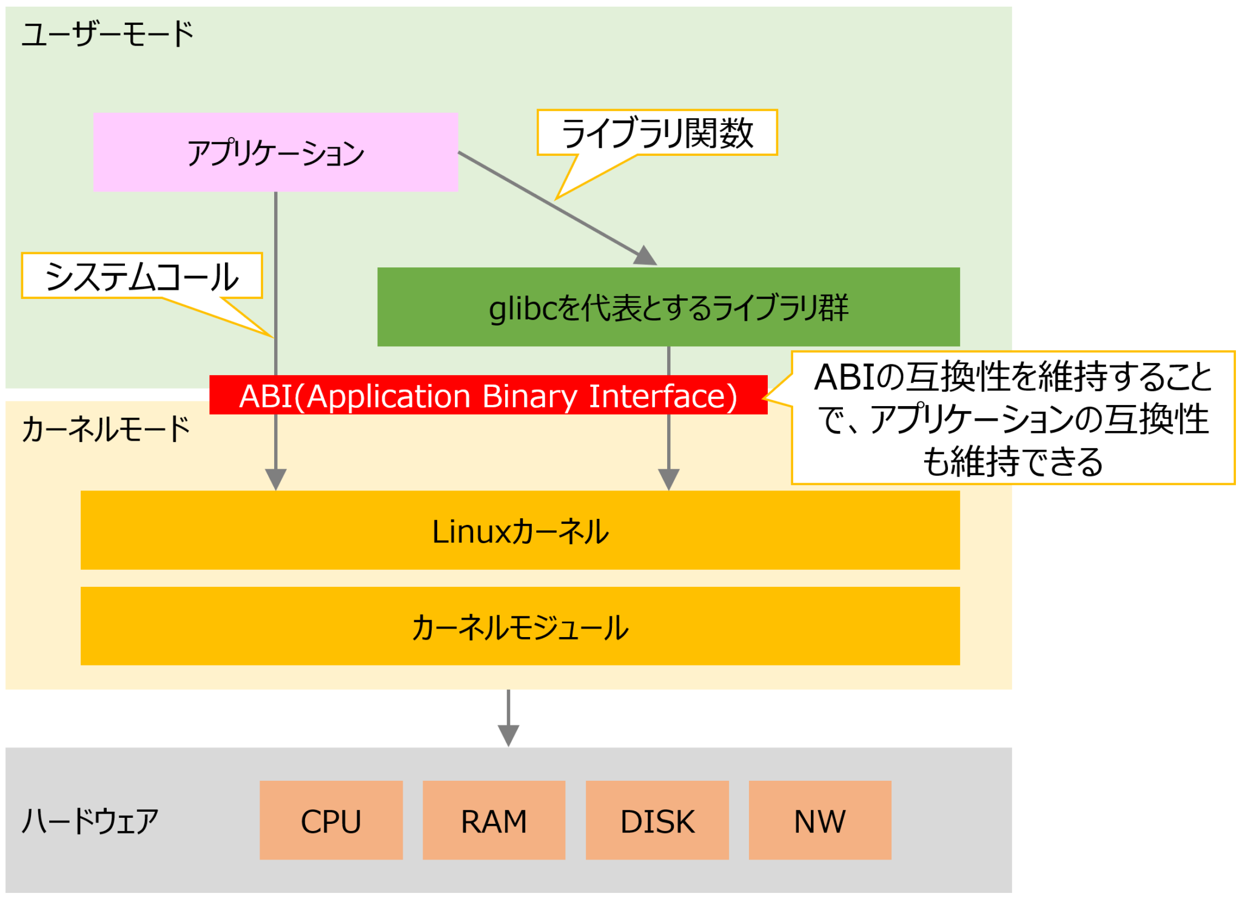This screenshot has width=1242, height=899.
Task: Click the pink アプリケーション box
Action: point(275,152)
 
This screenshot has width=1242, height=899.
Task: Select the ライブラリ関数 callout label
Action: point(657,133)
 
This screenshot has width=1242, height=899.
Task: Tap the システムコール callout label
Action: point(142,276)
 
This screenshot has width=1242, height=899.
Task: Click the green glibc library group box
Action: point(668,307)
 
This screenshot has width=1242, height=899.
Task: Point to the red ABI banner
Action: point(488,395)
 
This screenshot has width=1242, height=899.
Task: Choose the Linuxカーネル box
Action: point(520,530)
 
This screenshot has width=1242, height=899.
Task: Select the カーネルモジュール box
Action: point(520,626)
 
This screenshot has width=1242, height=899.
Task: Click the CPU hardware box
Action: point(331,820)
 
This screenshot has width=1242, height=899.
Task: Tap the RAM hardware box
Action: point(494,820)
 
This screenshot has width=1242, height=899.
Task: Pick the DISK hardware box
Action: point(657,820)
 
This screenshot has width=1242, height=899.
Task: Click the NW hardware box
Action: point(819,820)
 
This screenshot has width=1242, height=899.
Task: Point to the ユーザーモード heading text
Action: point(107,34)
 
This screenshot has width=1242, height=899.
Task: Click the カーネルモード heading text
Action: point(106,429)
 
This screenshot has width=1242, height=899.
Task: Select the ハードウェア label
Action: point(90,821)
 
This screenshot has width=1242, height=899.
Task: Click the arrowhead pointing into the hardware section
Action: point(508,735)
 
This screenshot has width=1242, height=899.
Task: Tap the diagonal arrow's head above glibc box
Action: point(645,256)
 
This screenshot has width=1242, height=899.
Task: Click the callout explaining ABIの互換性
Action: point(1013,418)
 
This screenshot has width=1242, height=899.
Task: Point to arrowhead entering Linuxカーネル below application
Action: point(276,478)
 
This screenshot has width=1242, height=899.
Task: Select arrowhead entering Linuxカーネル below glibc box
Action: point(668,478)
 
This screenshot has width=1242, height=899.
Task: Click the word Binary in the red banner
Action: point(529,396)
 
